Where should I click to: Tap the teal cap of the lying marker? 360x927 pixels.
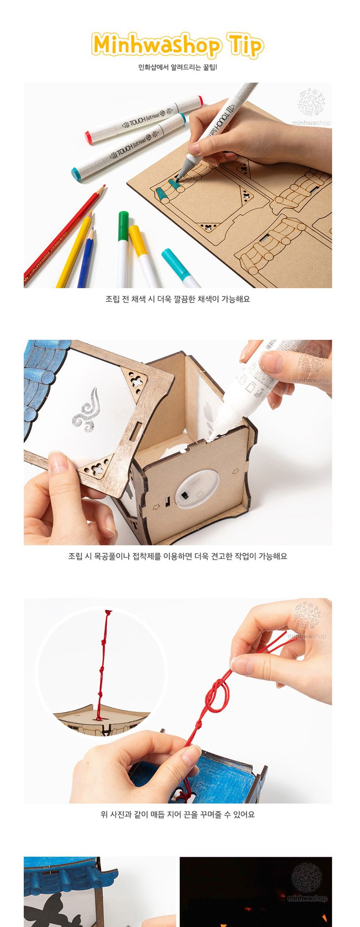(x=77, y=172)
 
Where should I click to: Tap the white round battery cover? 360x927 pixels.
(x=196, y=490)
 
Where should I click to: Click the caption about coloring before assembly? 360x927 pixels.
(x=177, y=299)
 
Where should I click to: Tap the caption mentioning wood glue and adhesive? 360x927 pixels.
(x=177, y=556)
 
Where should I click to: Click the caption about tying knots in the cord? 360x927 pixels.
(x=177, y=814)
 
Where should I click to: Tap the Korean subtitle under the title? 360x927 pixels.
(x=177, y=67)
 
